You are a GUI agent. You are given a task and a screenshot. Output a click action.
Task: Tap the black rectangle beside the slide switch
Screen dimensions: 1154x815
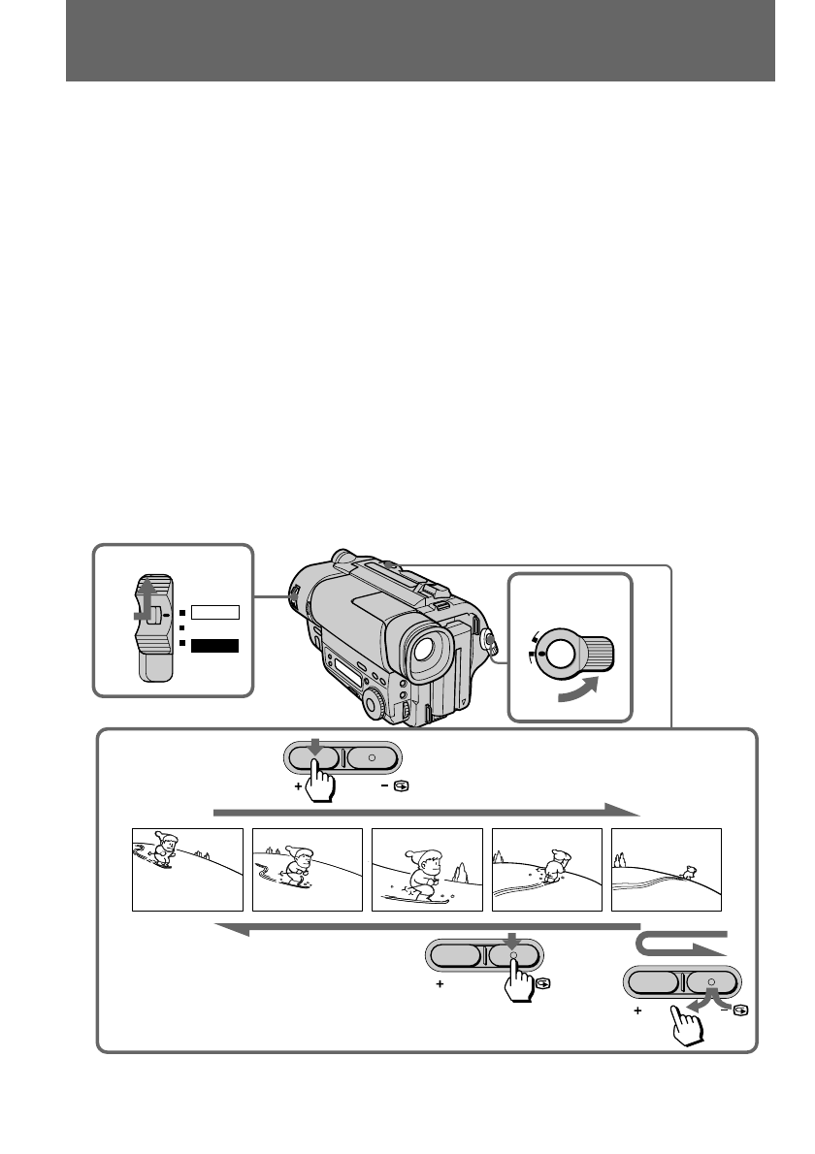point(213,644)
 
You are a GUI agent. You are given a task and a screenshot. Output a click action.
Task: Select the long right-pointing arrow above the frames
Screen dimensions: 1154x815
point(427,810)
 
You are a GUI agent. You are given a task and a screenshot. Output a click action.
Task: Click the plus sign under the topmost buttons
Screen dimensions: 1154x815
point(298,787)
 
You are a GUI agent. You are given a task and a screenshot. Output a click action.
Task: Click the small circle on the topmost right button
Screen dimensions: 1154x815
point(372,756)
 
